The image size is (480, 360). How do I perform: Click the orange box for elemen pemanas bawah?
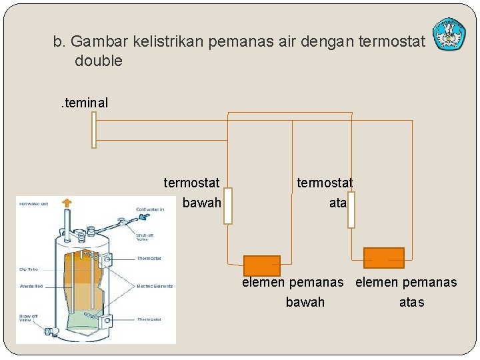coord(261,265)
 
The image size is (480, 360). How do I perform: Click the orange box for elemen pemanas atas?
coord(384,257)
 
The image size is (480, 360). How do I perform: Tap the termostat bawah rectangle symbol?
coord(227,206)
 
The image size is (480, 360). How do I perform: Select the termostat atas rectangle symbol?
coord(351,209)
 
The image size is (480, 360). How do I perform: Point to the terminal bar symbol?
coord(94,129)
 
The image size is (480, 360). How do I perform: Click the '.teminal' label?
coord(83,103)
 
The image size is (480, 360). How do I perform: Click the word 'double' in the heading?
coord(99,61)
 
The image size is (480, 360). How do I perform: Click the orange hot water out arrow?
coord(66,203)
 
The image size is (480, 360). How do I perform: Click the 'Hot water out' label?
coord(34,204)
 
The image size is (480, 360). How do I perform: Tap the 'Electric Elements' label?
coord(154,287)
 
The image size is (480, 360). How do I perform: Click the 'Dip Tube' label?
coord(28,269)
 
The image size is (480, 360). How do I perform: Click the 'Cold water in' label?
coord(149,209)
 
